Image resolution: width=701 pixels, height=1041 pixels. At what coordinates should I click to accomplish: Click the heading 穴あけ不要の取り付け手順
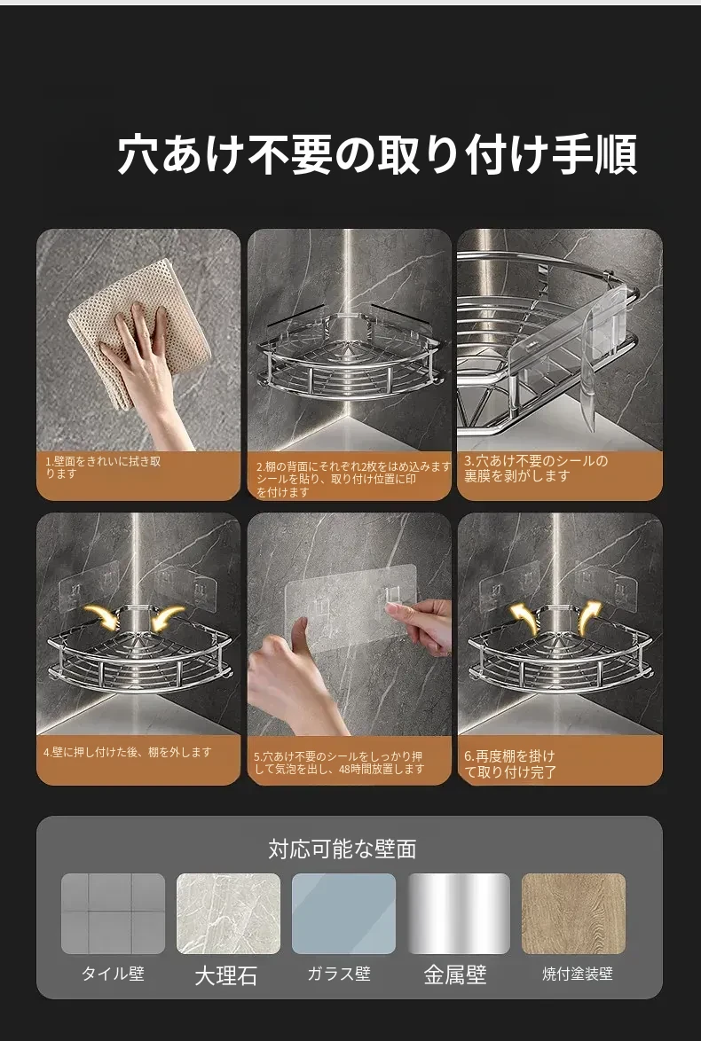coord(377,154)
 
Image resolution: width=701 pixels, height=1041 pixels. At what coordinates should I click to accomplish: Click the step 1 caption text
coord(103,467)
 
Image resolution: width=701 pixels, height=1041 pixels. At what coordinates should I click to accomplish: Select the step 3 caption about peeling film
coord(536,468)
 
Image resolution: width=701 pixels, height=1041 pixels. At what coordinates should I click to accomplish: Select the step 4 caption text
coord(128,752)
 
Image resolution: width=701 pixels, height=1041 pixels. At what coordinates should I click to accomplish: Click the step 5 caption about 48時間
coord(339,763)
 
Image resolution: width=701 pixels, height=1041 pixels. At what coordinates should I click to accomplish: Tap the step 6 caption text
coord(509,764)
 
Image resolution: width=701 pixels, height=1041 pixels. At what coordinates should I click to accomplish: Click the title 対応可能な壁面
coord(343,849)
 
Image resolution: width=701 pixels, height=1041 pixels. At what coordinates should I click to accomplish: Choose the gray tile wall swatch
coord(113,913)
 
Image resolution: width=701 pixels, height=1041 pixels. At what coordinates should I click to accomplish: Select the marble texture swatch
coord(228,913)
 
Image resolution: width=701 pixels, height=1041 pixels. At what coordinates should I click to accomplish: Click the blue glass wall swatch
coord(343,913)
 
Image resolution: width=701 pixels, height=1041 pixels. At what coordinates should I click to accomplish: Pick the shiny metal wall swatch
coord(459,913)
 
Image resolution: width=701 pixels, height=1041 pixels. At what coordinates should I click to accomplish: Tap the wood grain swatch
coord(573,913)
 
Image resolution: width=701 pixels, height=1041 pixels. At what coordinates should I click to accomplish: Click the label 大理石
coord(226,975)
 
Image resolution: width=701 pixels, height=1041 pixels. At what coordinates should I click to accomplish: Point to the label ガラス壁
coord(339,974)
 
